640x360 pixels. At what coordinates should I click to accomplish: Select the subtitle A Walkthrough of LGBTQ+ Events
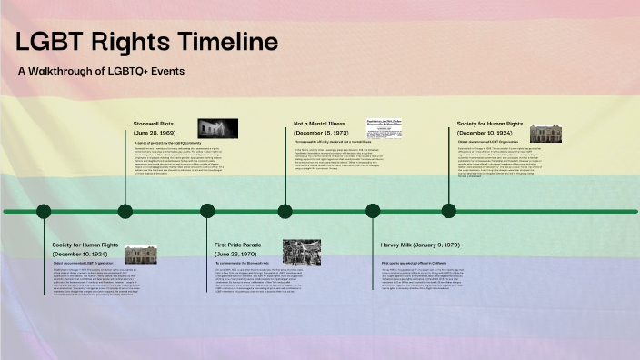point(101,70)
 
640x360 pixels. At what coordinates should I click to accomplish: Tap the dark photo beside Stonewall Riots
point(218,128)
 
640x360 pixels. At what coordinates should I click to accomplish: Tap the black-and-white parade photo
point(301,252)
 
